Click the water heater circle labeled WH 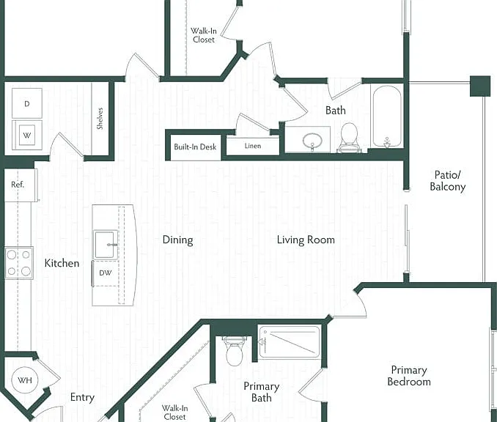coord(25,380)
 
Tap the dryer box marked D coord(27,103)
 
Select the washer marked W coord(27,135)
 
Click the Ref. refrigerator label coord(18,185)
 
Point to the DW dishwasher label coord(106,273)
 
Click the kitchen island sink coord(106,244)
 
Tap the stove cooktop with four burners coord(19,263)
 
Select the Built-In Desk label coord(195,147)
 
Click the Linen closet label coord(253,146)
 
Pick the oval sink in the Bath coord(312,141)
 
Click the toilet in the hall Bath coord(349,138)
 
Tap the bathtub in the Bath coord(387,116)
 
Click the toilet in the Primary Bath coord(235,351)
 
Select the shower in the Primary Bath coord(290,342)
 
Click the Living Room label coord(306,240)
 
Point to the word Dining coord(177,240)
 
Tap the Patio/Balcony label coord(448,180)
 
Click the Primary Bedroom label coord(409,376)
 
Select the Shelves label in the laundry coord(100,119)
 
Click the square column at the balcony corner coord(480,86)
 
